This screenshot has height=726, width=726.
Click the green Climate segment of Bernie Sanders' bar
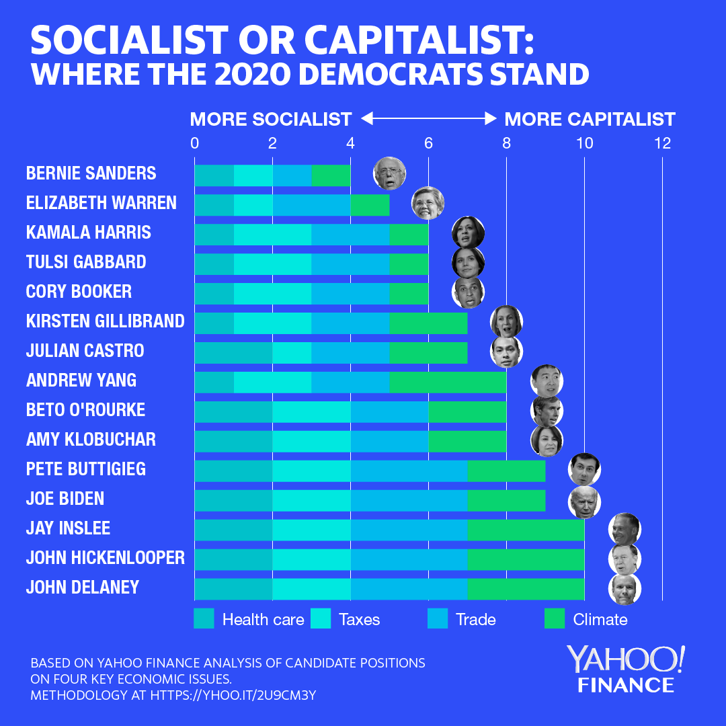[x=331, y=174]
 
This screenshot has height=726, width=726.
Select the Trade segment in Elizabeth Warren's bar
[x=311, y=204]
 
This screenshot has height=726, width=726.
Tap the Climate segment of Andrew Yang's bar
[x=448, y=381]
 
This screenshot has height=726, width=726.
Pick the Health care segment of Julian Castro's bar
[x=233, y=352]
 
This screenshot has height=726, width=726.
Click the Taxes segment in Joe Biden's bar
[x=311, y=499]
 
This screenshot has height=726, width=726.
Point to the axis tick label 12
[x=662, y=143]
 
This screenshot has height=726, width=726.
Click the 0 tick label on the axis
[x=194, y=143]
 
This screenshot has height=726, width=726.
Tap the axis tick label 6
[x=428, y=143]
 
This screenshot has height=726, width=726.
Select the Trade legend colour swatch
[x=438, y=619]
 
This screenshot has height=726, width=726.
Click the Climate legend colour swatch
[x=555, y=619]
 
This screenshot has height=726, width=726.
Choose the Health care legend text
[x=263, y=620]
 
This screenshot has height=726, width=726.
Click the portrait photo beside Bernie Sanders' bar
[x=390, y=173]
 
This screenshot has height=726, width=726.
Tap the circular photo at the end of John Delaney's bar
[x=624, y=588]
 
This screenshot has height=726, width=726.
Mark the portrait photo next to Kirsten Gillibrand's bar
[x=507, y=321]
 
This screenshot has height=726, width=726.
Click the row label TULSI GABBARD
[x=86, y=262]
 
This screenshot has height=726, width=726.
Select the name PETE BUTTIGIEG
[x=86, y=469]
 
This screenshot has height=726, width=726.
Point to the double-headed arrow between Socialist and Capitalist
[x=428, y=119]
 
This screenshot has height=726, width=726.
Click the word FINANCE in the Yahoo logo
[x=626, y=685]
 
